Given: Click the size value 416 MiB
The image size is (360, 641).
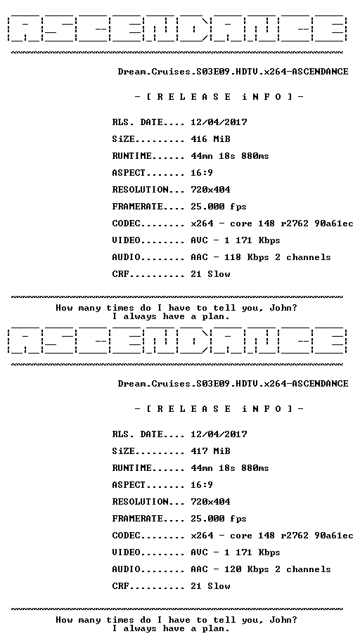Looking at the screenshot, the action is [x=211, y=139].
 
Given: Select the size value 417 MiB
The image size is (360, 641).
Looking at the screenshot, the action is [x=211, y=451].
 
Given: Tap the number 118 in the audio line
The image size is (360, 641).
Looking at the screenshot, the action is [x=233, y=257].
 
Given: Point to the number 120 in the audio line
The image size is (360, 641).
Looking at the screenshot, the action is [x=233, y=569].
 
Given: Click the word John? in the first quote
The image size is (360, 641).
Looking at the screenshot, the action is [x=283, y=309].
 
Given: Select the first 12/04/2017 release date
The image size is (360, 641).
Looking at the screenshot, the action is [x=219, y=122].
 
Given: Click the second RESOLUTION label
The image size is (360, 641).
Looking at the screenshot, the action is [x=141, y=502].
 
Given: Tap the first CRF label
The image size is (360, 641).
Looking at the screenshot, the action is [x=121, y=274].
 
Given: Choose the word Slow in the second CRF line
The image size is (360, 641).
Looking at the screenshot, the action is [x=219, y=585].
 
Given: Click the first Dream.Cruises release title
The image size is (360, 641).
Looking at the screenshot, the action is [x=233, y=72].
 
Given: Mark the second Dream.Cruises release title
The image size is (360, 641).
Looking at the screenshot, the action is [x=233, y=384].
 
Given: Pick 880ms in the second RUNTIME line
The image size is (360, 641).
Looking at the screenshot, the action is [x=255, y=467].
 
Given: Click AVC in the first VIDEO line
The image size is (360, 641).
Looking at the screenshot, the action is [x=199, y=240].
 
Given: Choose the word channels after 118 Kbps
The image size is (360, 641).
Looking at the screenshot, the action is [x=309, y=257].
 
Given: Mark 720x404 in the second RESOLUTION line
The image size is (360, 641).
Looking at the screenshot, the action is [x=211, y=502].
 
